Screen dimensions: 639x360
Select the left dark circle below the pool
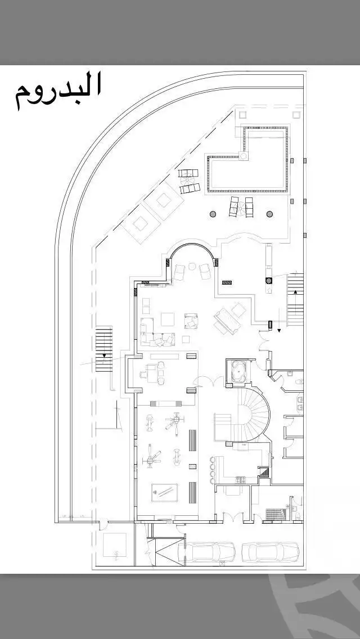213,214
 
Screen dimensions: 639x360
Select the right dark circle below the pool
269,214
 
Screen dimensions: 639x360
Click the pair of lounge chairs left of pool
189,181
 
